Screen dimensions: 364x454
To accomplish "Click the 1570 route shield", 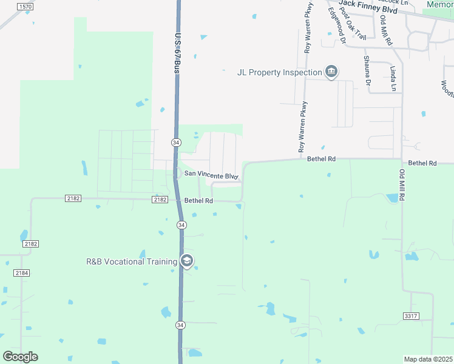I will [x=24, y=7].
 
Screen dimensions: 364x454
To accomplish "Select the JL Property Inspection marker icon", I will [x=331, y=73].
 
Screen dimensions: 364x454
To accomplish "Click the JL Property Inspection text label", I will [x=279, y=73].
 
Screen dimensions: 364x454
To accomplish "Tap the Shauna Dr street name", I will [x=367, y=69].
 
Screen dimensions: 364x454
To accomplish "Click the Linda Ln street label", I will [x=393, y=78].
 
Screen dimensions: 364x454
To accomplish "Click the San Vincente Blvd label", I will [x=211, y=175].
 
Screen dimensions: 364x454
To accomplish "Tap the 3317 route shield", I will [x=411, y=316].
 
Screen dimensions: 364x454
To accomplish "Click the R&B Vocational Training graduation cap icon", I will [x=187, y=261].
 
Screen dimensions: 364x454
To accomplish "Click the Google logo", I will [x=20, y=357].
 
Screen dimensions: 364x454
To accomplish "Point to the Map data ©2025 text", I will [x=428, y=359].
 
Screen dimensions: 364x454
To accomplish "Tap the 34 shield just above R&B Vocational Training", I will [x=181, y=225].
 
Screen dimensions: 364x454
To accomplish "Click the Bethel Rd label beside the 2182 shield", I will [x=198, y=201].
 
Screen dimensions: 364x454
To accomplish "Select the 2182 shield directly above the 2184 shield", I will [x=30, y=244].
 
